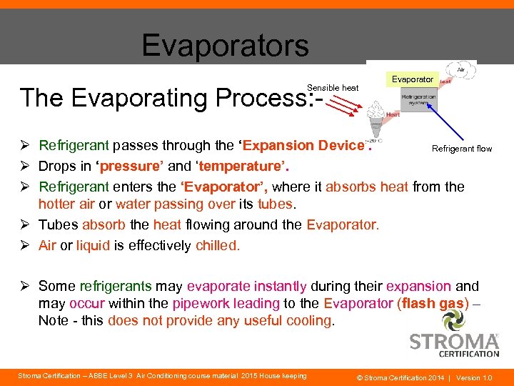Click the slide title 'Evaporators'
(225, 45)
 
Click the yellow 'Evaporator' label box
(412, 79)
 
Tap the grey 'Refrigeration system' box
(418, 101)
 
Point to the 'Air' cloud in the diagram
(460, 70)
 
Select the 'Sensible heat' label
(333, 88)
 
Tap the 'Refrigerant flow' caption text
(462, 149)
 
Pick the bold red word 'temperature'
(236, 167)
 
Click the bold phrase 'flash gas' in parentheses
(433, 303)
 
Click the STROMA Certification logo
(454, 342)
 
